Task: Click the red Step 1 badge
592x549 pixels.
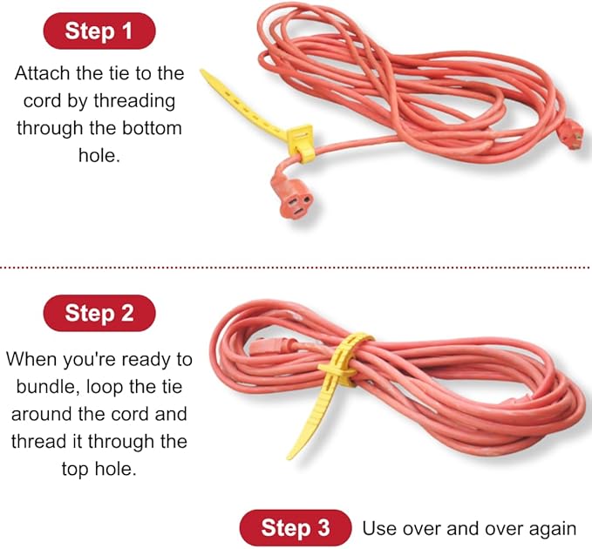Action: [x=99, y=32]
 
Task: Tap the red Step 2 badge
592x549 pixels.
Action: [x=99, y=313]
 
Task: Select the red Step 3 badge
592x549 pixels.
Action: [x=296, y=527]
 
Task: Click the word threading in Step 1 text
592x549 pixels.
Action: [x=133, y=100]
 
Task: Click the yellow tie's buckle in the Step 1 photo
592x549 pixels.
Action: [x=300, y=140]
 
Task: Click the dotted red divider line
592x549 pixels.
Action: [x=296, y=267]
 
